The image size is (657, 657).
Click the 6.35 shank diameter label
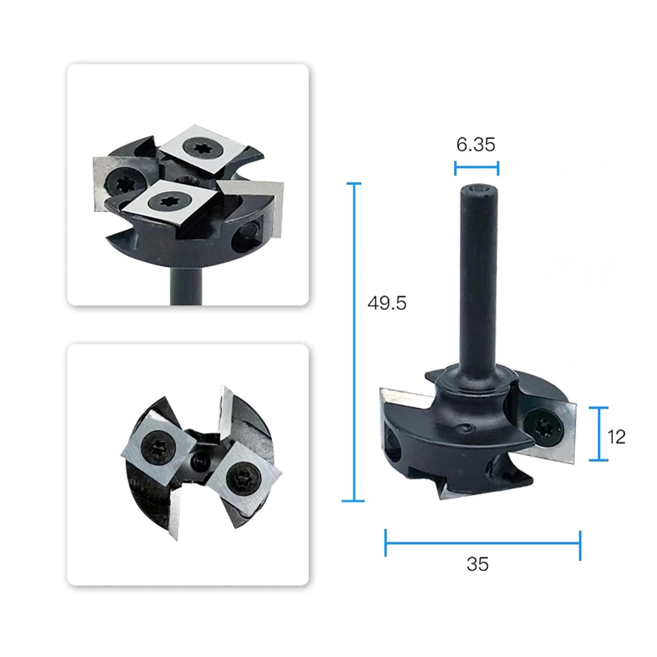pyautogui.click(x=476, y=145)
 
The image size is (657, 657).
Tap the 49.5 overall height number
pyautogui.click(x=387, y=303)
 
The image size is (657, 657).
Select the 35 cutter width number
pyautogui.click(x=478, y=564)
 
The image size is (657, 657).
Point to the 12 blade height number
pyautogui.click(x=616, y=437)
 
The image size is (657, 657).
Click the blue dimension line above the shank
pyautogui.click(x=476, y=168)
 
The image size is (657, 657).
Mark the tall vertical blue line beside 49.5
pyautogui.click(x=354, y=342)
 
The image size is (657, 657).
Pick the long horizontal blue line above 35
pyautogui.click(x=483, y=543)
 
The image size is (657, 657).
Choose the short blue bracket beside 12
pyautogui.click(x=599, y=434)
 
